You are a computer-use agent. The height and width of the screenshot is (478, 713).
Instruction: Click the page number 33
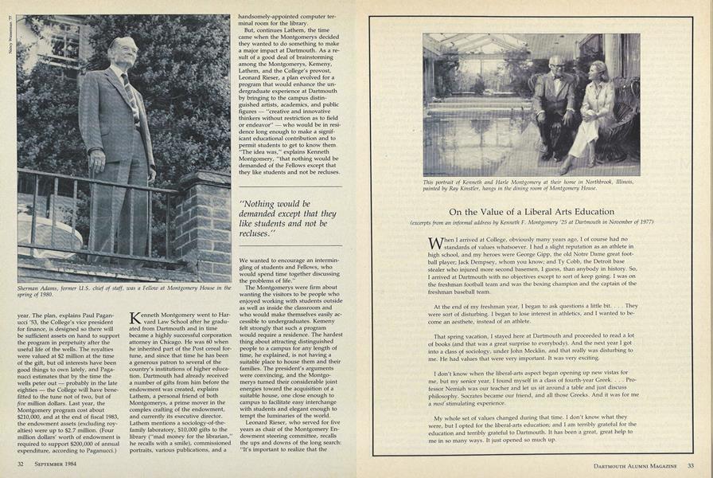[x=691, y=466]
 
